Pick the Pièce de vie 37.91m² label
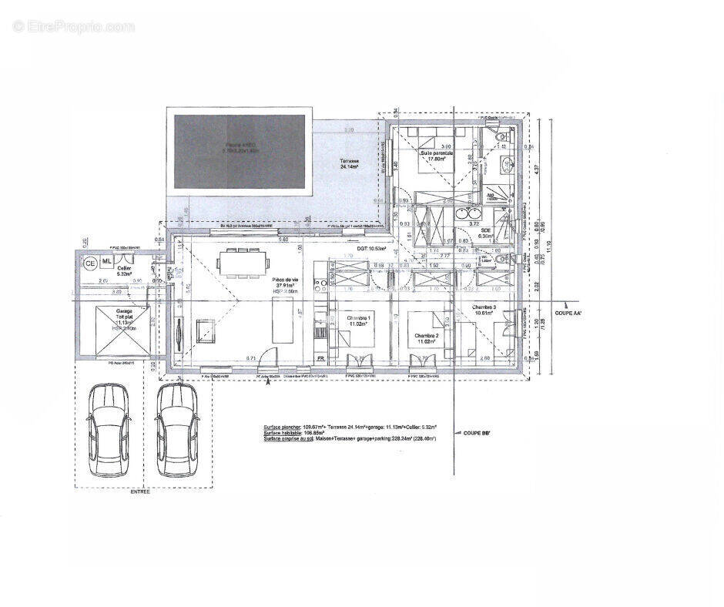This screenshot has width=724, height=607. pyautogui.click(x=285, y=284)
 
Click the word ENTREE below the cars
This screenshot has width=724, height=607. pyautogui.click(x=141, y=492)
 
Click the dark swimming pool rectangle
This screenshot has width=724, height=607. pyautogui.click(x=240, y=153)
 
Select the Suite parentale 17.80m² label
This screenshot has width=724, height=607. pyautogui.click(x=437, y=156)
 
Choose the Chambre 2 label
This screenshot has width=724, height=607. pyautogui.click(x=426, y=339)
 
